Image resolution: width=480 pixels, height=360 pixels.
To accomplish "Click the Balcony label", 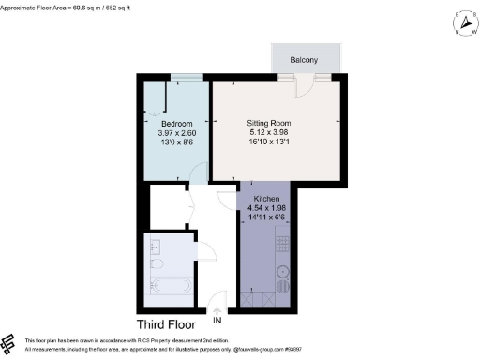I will click(x=303, y=60).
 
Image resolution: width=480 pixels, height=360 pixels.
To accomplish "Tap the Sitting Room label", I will click(x=270, y=123).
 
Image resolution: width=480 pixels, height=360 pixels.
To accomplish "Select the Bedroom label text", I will click(x=176, y=125).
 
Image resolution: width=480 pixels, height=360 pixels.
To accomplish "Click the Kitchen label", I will click(x=267, y=198).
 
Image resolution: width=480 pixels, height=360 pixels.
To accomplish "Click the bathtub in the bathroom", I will click(x=171, y=286).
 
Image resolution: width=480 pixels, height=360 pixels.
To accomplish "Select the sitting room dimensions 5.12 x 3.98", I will click(x=270, y=132).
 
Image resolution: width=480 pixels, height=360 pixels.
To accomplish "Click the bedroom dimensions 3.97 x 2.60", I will click(x=176, y=134).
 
